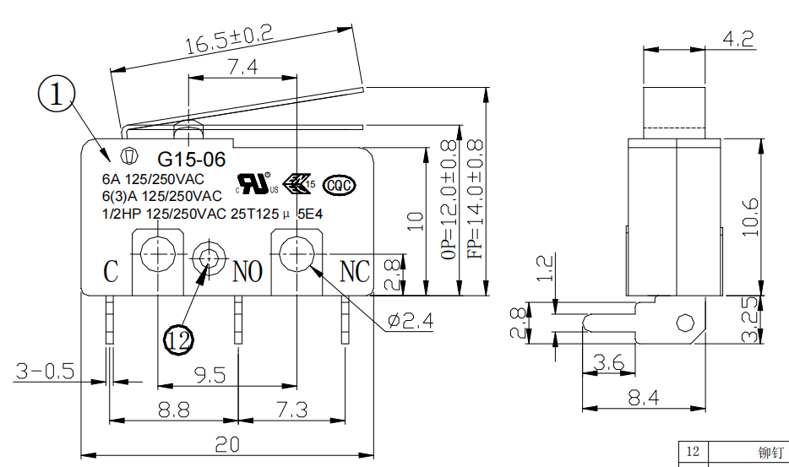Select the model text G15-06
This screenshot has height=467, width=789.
pos(180,159)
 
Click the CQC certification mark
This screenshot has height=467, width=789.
pos(340,185)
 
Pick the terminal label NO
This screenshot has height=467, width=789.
pos(248,271)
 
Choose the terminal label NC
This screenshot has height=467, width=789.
pos(355,271)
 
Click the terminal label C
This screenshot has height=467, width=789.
pos(111,272)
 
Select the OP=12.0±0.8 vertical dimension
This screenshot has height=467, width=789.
pos(448,199)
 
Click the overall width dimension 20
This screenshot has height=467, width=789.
pos(226,443)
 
